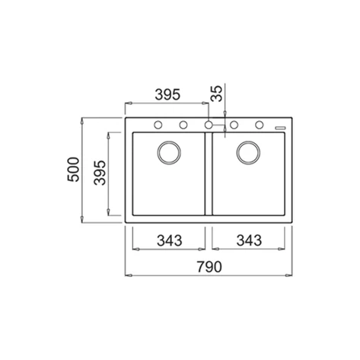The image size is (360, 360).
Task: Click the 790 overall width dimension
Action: (209, 266)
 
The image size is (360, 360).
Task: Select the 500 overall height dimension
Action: (73, 170)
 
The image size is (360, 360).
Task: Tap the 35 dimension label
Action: (216, 94)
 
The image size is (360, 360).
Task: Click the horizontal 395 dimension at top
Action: (167, 94)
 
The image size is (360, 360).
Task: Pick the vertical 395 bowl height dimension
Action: (100, 173)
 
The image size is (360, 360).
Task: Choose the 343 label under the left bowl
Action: (170, 241)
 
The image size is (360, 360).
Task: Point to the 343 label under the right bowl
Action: (249, 240)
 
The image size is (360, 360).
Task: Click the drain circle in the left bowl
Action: (169, 153)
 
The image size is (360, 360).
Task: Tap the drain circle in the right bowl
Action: (248, 153)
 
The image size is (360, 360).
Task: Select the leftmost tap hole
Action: (158, 125)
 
